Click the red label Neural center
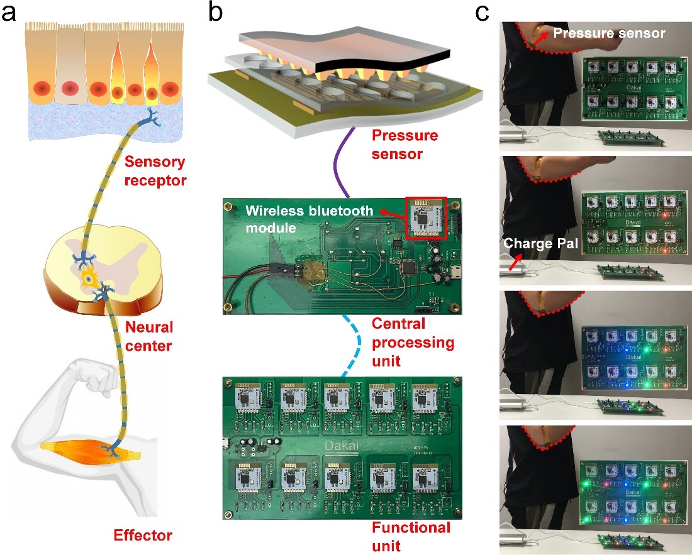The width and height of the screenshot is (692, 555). (148, 336)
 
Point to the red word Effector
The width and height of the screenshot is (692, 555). (143, 536)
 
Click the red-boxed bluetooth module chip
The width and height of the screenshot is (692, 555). (427, 217)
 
